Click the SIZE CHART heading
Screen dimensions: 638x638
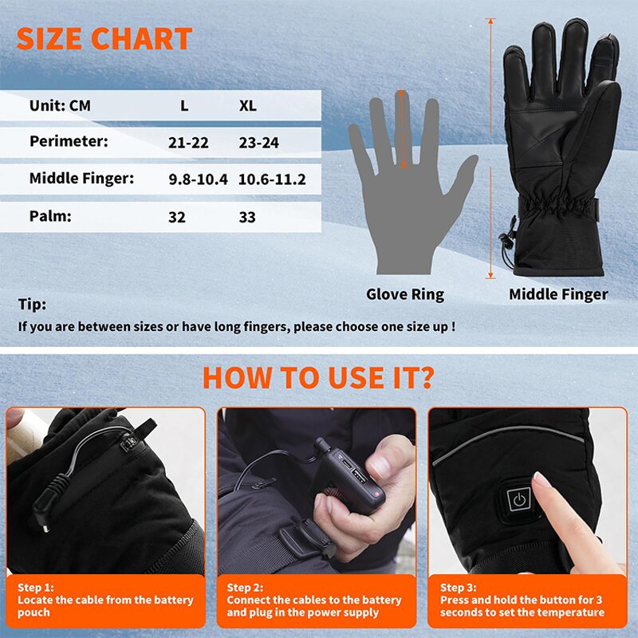click(104, 39)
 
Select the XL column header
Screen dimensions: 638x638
click(248, 106)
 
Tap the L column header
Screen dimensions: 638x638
click(184, 106)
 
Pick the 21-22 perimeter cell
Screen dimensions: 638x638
click(189, 142)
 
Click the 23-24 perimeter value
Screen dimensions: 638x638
click(258, 142)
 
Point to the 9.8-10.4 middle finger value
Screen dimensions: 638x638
click(198, 179)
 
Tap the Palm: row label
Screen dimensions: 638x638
click(49, 215)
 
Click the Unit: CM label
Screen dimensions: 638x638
click(60, 105)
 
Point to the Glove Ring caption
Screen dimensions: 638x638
click(405, 295)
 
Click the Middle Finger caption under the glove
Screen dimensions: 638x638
click(558, 295)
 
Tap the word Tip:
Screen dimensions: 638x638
click(32, 305)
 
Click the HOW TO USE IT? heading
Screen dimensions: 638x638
click(319, 377)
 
